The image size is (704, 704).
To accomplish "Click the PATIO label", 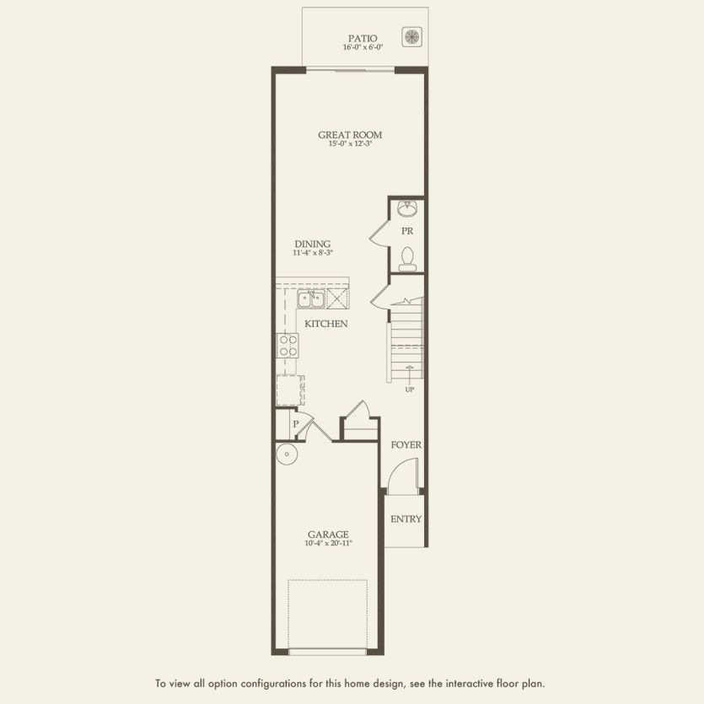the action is point(363,38).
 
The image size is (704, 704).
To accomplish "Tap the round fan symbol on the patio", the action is point(411,36).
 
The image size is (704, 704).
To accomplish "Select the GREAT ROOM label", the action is point(350,135).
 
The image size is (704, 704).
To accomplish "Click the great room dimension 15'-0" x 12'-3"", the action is point(350,143).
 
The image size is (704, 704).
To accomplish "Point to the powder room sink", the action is point(407,208).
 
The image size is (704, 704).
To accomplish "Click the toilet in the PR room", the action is point(407,259).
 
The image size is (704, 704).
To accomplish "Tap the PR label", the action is point(407,231).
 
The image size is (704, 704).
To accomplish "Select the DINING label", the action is point(313,244).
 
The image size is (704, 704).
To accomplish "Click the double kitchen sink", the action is point(311,299).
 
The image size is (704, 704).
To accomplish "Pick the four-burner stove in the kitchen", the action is point(288,346).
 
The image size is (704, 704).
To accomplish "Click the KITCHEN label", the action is point(326,324).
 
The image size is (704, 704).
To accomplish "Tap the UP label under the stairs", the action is point(410,390).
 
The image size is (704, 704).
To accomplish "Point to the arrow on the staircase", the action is point(410,373).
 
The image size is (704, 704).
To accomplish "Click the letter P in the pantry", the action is point(295,424).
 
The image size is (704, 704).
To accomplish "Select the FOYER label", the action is point(406,445).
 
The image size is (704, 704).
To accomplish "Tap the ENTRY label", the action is point(406,519).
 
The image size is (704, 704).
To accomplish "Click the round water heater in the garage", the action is point(287,454).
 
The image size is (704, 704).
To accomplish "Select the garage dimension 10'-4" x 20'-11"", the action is point(328,543).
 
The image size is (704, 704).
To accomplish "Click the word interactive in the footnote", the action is point(468,684).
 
